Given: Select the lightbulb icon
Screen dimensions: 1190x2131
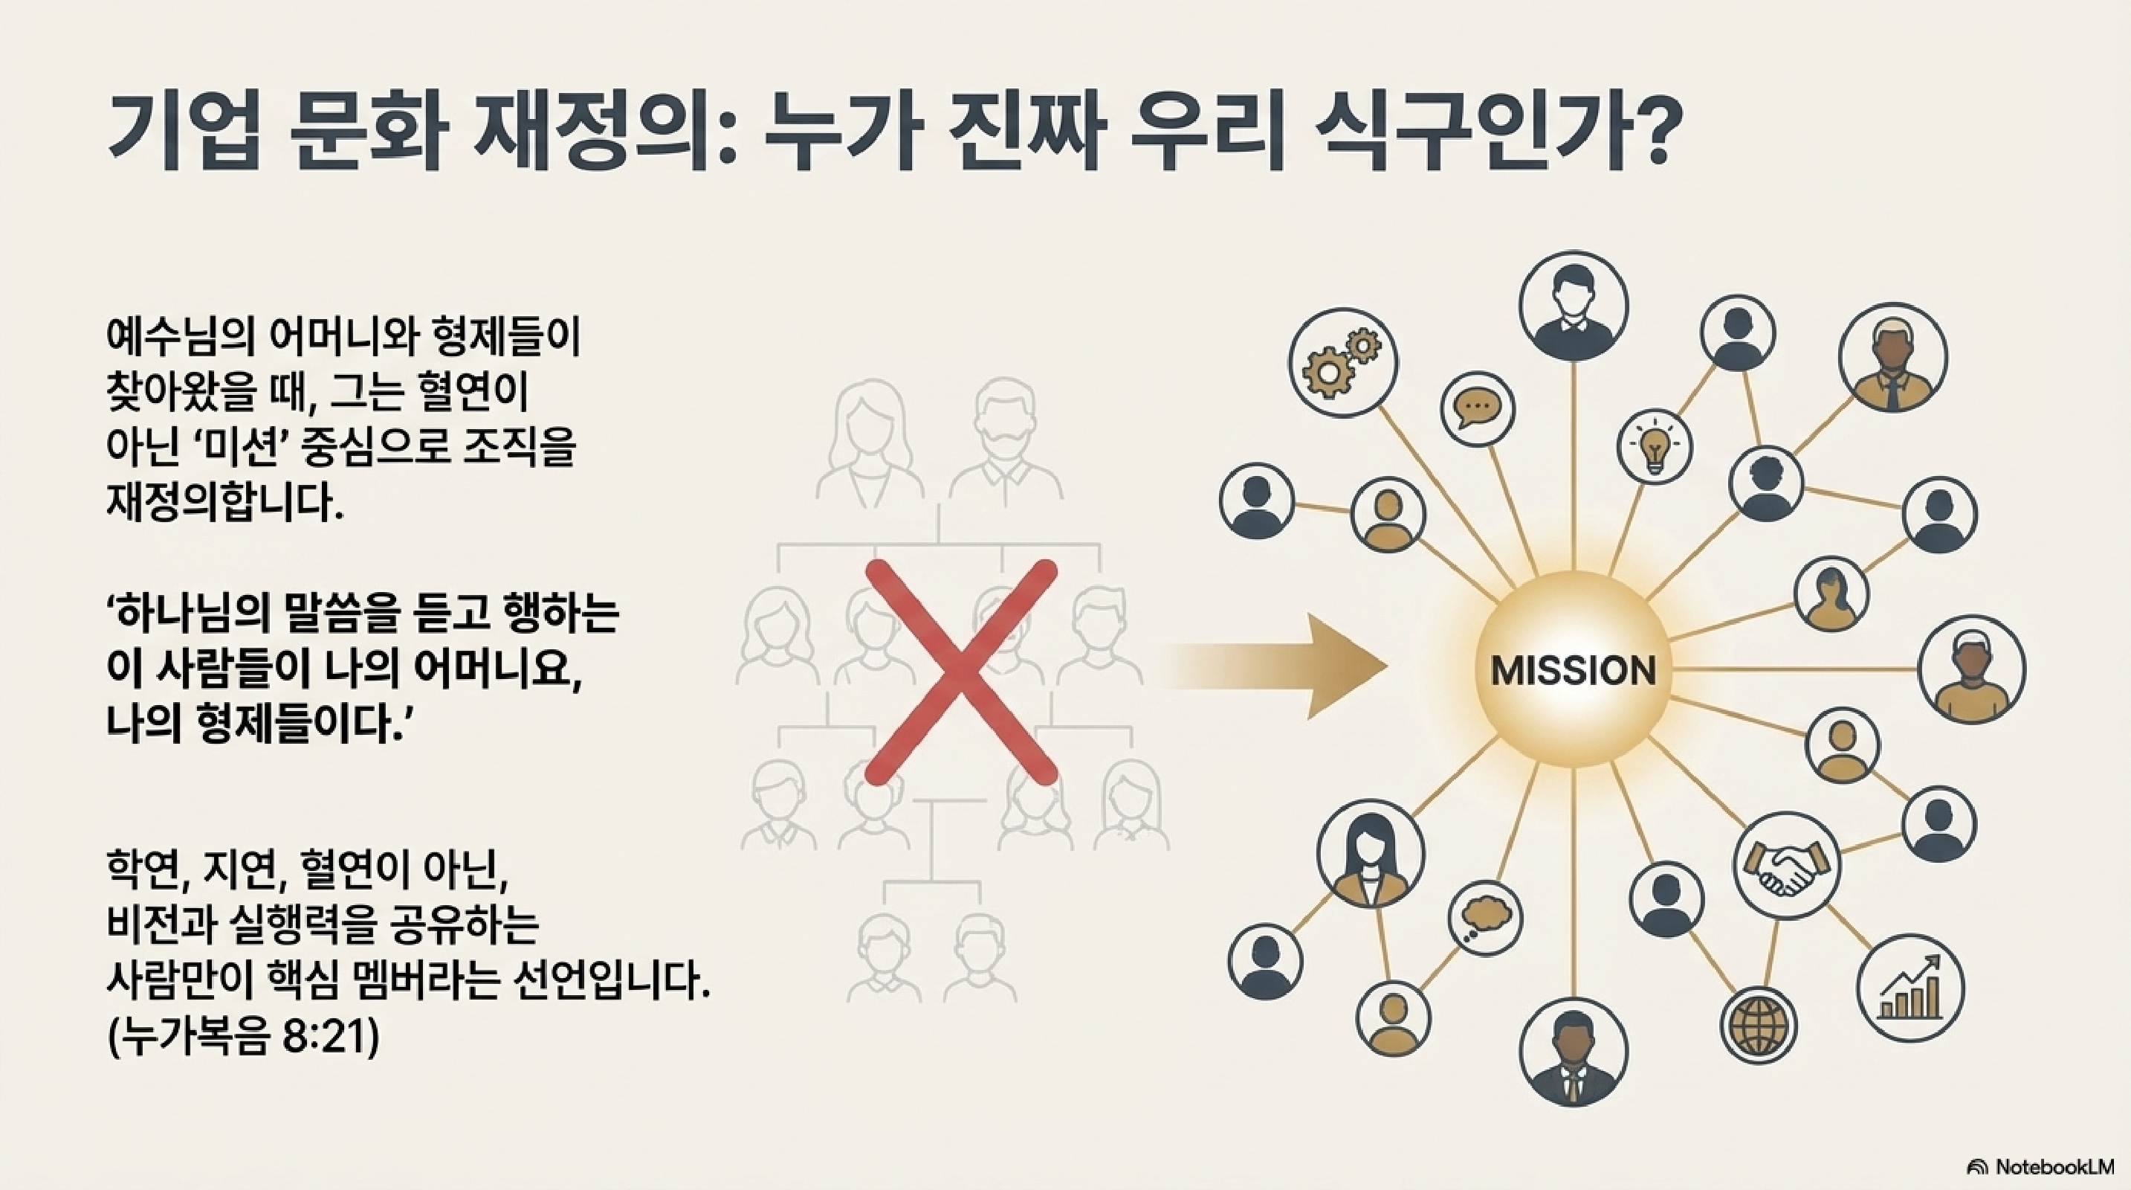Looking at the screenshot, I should [1655, 448].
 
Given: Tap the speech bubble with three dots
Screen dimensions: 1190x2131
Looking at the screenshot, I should [1477, 408].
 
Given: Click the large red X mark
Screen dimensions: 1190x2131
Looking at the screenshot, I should [961, 671].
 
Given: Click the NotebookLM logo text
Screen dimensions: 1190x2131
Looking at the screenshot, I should [2051, 1167].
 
